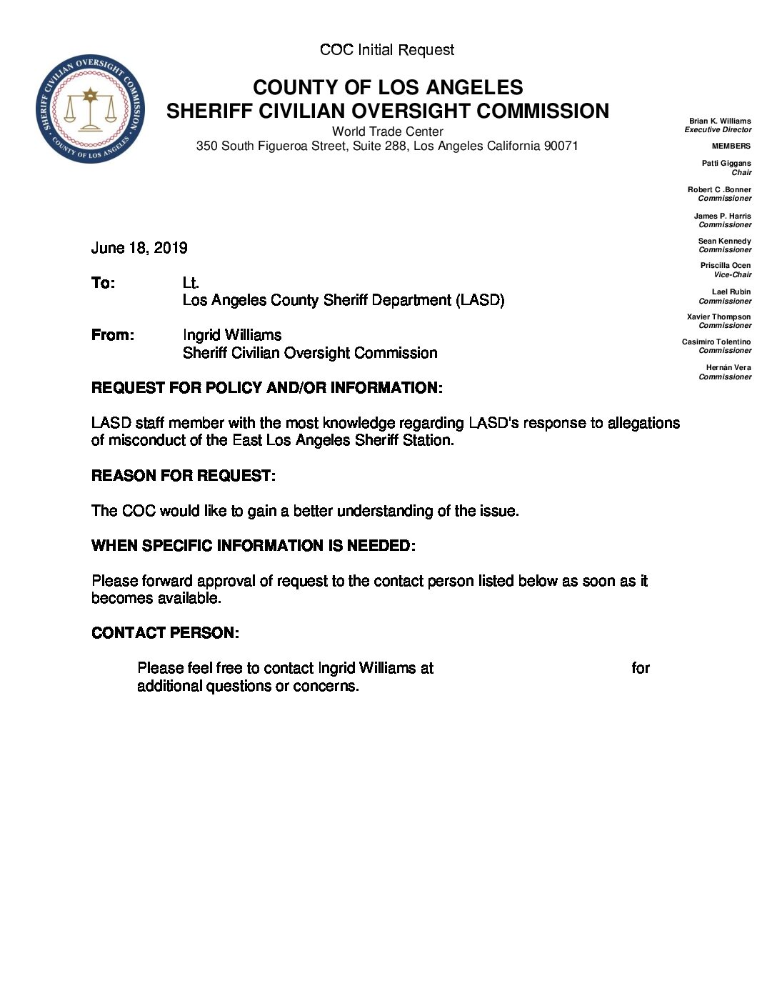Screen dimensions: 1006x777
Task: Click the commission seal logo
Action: tap(90, 109)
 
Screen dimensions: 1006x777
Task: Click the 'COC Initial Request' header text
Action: tap(387, 50)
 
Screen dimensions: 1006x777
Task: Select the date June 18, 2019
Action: tap(139, 248)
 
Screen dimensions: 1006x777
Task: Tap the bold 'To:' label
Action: tap(103, 283)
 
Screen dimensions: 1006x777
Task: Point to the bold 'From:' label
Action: tap(113, 335)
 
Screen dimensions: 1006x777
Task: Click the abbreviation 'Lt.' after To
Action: tap(191, 283)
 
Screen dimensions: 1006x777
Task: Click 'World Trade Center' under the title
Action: tap(387, 131)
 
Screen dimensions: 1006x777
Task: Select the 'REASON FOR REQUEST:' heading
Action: tap(184, 476)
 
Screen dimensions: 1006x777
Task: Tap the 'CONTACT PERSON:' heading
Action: tap(165, 633)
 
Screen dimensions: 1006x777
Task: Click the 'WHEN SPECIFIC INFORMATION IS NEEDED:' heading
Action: tap(254, 546)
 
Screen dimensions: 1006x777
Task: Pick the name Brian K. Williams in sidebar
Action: tap(719, 121)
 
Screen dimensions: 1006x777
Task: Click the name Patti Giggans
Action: tap(726, 164)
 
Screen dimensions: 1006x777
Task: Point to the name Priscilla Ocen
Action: tap(725, 266)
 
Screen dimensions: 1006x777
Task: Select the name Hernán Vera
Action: tap(728, 368)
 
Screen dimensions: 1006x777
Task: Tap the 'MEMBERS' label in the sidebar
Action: tap(731, 146)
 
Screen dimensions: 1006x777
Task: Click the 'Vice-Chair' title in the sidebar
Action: tap(732, 275)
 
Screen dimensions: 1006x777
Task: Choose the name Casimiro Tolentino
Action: tap(716, 342)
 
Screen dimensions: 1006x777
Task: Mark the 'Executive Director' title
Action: tap(718, 130)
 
